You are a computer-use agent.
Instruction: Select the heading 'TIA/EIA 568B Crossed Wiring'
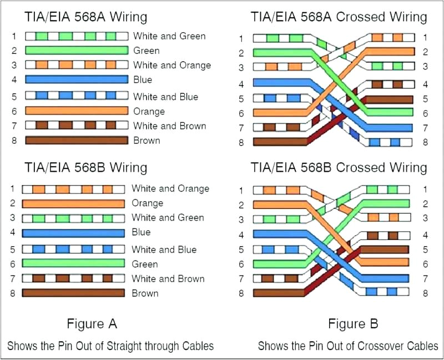(x=339, y=167)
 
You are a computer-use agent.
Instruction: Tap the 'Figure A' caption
(x=92, y=323)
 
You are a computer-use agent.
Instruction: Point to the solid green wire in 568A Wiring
(x=76, y=51)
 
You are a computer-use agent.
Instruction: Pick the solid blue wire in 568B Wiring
(x=73, y=232)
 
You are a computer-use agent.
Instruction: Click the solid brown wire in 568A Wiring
(x=76, y=140)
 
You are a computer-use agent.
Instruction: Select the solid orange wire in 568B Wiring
(x=73, y=203)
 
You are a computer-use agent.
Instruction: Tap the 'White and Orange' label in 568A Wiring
(x=172, y=65)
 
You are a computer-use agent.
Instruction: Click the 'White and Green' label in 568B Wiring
(x=168, y=218)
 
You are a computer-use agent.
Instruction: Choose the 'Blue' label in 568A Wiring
(x=143, y=79)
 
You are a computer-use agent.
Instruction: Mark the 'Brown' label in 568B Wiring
(x=145, y=293)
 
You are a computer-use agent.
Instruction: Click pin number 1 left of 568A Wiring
(x=14, y=37)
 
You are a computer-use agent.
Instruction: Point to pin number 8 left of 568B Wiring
(x=12, y=293)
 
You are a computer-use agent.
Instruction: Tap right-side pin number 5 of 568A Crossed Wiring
(x=425, y=99)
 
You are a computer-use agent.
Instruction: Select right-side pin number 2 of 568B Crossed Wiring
(x=425, y=203)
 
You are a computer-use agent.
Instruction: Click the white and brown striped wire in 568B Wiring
(x=73, y=278)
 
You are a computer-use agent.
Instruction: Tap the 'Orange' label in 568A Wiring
(x=149, y=111)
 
